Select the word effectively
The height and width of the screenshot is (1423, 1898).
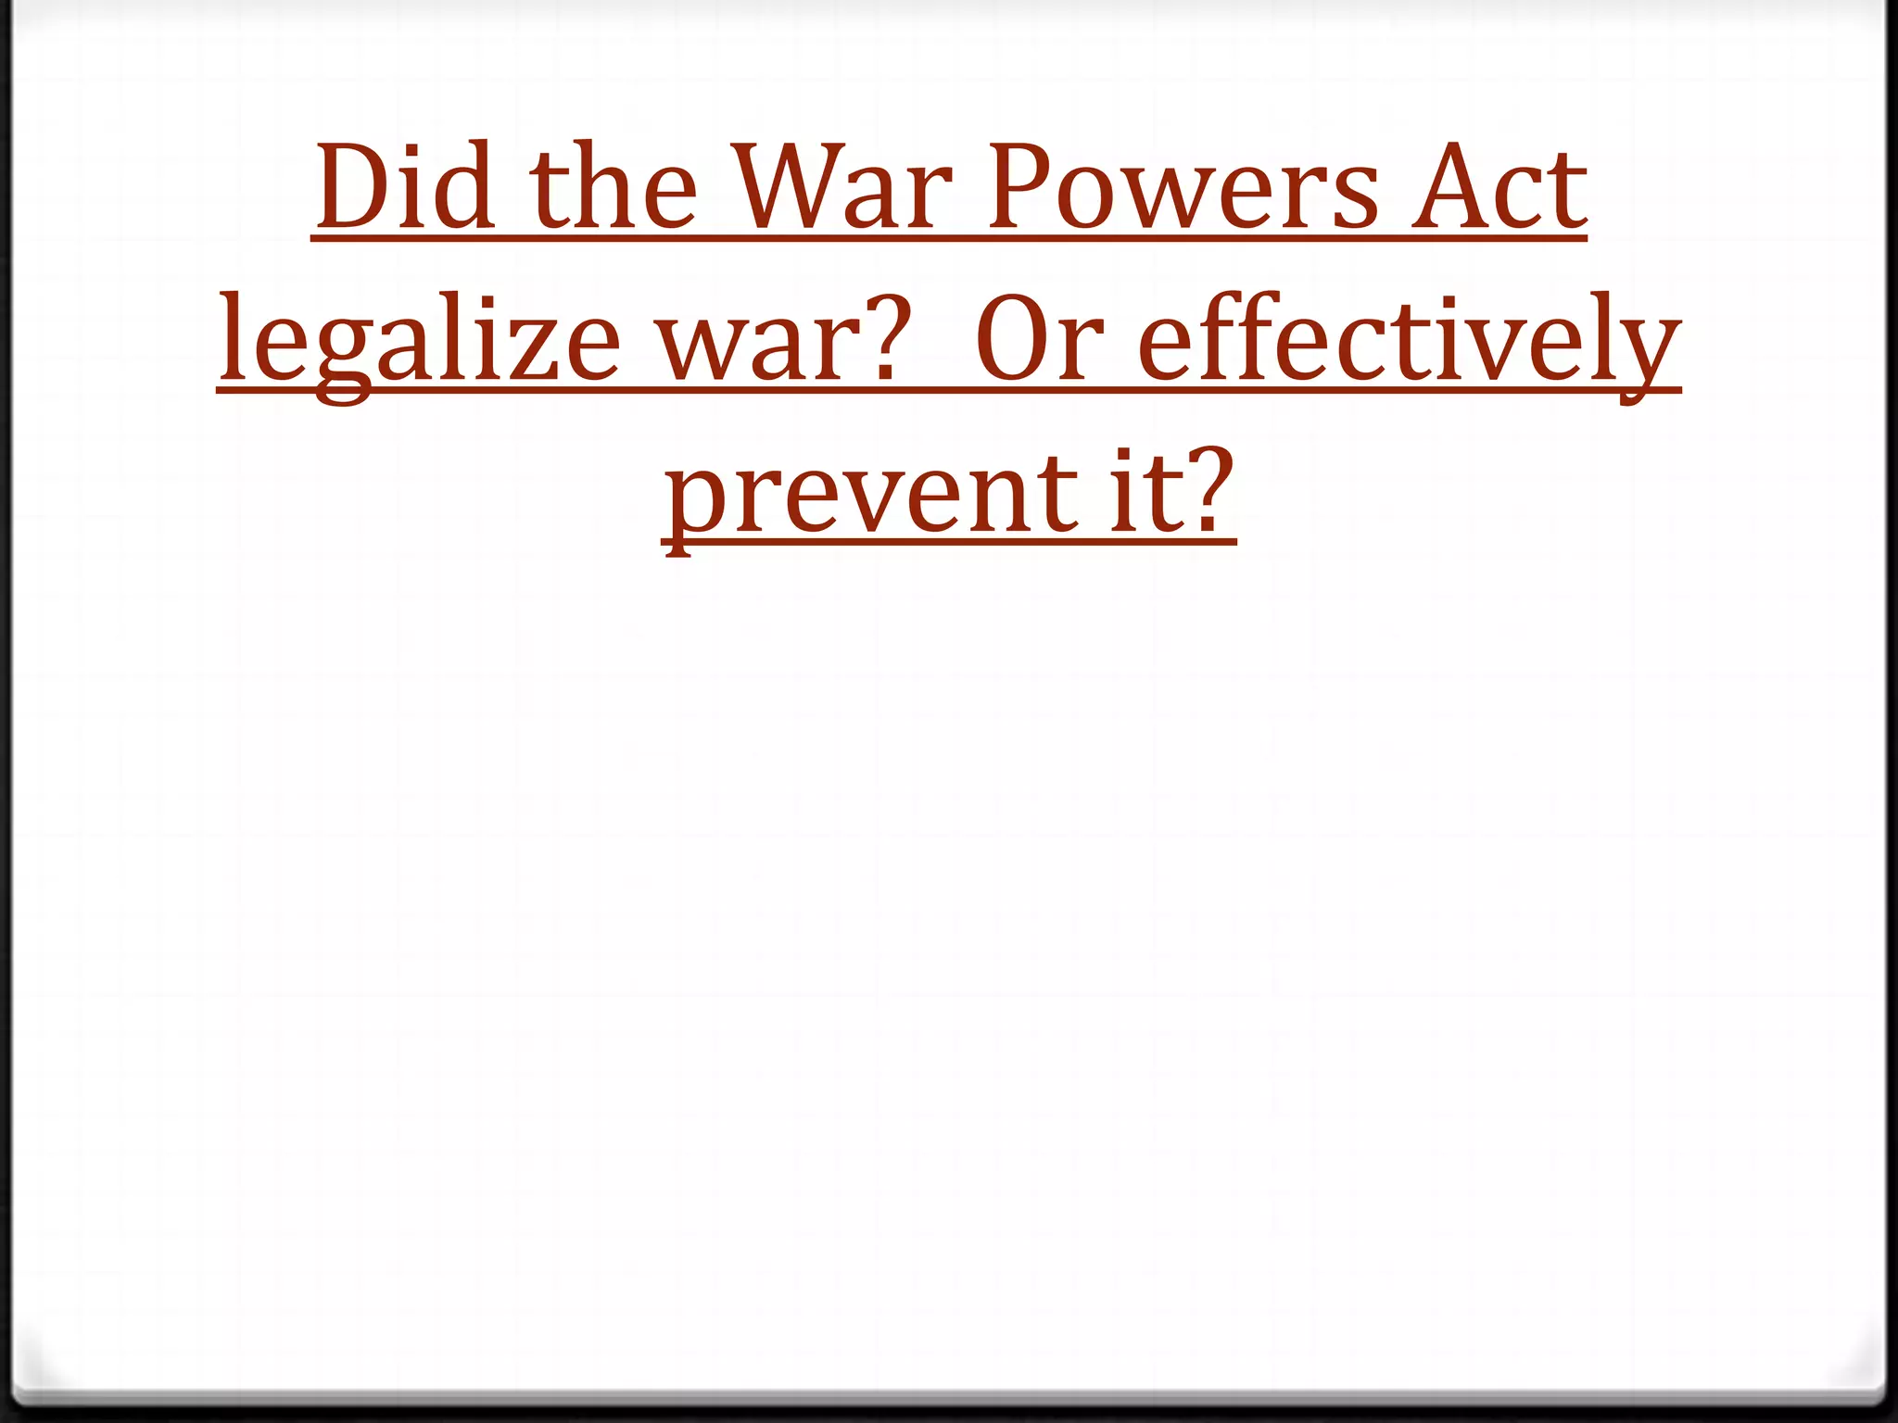1409,343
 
